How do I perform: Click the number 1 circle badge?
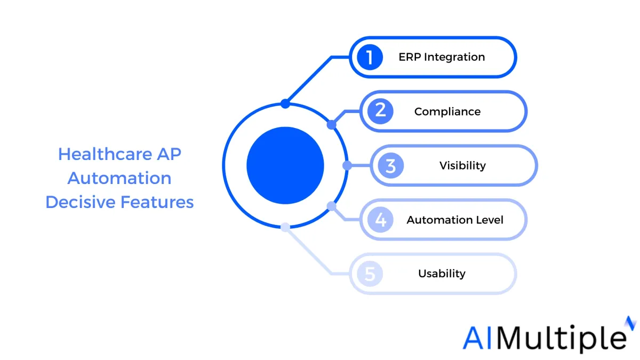[x=370, y=57]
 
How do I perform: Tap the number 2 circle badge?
[x=380, y=111]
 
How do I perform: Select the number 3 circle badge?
[x=390, y=165]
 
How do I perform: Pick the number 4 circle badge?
[x=380, y=220]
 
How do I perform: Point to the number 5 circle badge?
[x=370, y=274]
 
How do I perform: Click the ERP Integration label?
[x=442, y=57]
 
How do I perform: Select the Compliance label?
[x=447, y=111]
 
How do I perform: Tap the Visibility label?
[x=462, y=166]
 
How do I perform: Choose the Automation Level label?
[x=455, y=220]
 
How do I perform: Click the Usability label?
[x=442, y=274]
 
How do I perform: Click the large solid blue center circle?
[x=285, y=165]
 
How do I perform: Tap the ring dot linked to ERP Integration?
[x=285, y=103]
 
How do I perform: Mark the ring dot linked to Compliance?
[x=331, y=125]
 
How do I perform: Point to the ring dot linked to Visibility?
[x=347, y=165]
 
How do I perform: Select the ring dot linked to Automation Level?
[x=331, y=206]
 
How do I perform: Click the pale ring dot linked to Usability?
[x=285, y=227]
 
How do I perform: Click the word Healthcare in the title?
[x=105, y=154]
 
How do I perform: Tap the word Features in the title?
[x=157, y=202]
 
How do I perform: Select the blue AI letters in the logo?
[x=477, y=338]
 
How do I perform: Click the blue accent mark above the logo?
[x=630, y=323]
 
